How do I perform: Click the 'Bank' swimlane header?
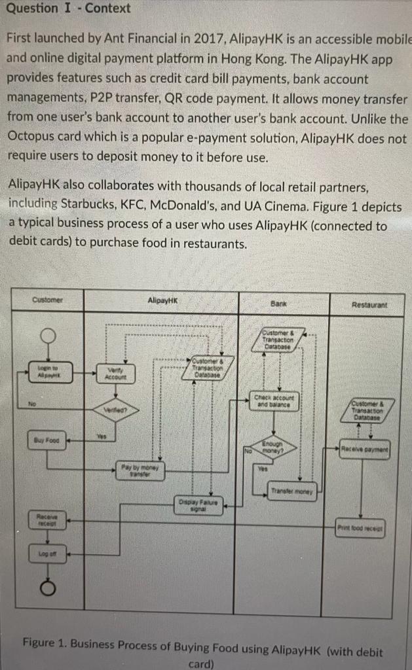(281, 304)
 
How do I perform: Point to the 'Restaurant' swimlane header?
(369, 304)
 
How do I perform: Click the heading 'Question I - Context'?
(65, 9)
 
